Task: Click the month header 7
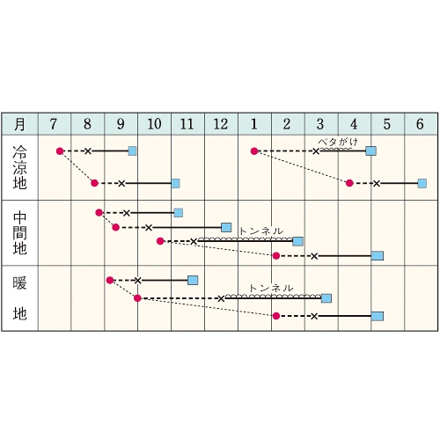(x=54, y=124)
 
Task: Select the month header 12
(x=221, y=124)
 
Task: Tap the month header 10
(x=154, y=124)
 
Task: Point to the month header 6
(x=420, y=124)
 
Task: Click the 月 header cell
(x=19, y=124)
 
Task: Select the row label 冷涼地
(x=19, y=167)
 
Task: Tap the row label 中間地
(x=19, y=233)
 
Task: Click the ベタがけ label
(x=338, y=143)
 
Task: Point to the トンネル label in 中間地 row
(x=261, y=231)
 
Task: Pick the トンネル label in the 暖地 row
(x=271, y=288)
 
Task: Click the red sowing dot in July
(x=60, y=151)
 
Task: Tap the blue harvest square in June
(x=422, y=183)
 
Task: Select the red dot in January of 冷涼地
(x=254, y=151)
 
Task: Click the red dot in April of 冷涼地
(x=349, y=183)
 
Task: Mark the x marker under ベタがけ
(x=316, y=151)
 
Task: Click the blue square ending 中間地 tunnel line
(x=297, y=241)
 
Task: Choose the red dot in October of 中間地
(x=160, y=241)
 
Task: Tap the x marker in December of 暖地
(x=221, y=298)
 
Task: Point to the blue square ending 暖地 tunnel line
(x=326, y=298)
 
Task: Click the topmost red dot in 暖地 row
(x=110, y=280)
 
